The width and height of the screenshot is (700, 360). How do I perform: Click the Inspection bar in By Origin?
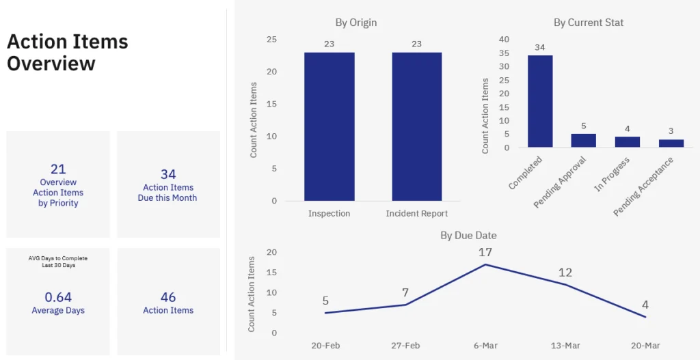point(329,126)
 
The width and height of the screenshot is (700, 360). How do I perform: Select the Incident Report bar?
point(416,126)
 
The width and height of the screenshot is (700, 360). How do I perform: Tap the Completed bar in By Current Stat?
point(540,101)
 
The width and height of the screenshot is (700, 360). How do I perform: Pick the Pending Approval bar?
point(583,140)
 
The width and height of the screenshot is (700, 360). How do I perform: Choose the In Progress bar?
point(627,141)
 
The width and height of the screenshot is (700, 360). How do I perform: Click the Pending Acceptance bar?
point(671,143)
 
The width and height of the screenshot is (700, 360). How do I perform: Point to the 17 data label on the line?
point(485,252)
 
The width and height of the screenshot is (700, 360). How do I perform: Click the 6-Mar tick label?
point(485,346)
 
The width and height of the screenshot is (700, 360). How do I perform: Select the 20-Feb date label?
point(325,346)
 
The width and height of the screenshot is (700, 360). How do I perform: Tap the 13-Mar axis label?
point(565,346)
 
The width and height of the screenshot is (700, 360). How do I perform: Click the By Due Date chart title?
point(468,236)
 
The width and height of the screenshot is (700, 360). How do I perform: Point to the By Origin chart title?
point(355,23)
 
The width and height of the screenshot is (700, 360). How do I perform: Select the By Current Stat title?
point(588,23)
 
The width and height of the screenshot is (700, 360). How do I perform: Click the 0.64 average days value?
point(58,297)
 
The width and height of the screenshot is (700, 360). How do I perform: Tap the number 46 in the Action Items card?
point(168,297)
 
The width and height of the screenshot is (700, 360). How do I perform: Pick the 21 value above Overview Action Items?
point(58,169)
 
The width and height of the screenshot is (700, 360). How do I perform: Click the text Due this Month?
point(167,198)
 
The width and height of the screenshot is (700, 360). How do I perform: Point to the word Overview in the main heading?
point(51,64)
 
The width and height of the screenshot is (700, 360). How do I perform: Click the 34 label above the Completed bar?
point(540,48)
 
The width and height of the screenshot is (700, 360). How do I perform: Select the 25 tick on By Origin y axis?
point(271,40)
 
